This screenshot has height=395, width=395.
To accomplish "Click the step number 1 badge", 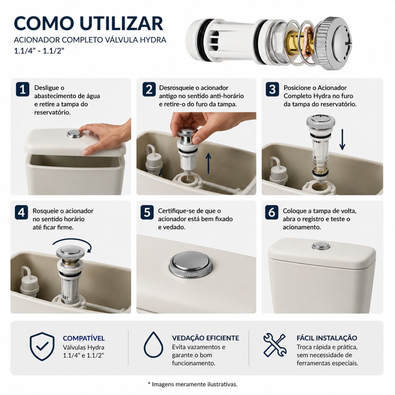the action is [23, 90].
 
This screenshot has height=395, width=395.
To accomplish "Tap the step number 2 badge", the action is [149, 90].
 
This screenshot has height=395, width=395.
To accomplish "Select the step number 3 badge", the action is [272, 90].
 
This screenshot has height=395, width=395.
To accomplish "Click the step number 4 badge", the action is [21, 213].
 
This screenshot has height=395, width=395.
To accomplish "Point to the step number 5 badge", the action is [147, 212].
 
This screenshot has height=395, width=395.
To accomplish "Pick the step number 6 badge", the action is [272, 212].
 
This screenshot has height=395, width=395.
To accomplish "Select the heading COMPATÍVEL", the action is [84, 338].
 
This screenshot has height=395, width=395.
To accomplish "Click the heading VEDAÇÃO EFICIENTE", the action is [205, 338].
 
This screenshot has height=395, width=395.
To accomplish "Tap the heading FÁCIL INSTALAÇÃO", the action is [327, 338].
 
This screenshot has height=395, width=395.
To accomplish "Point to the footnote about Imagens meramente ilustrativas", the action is [193, 384].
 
